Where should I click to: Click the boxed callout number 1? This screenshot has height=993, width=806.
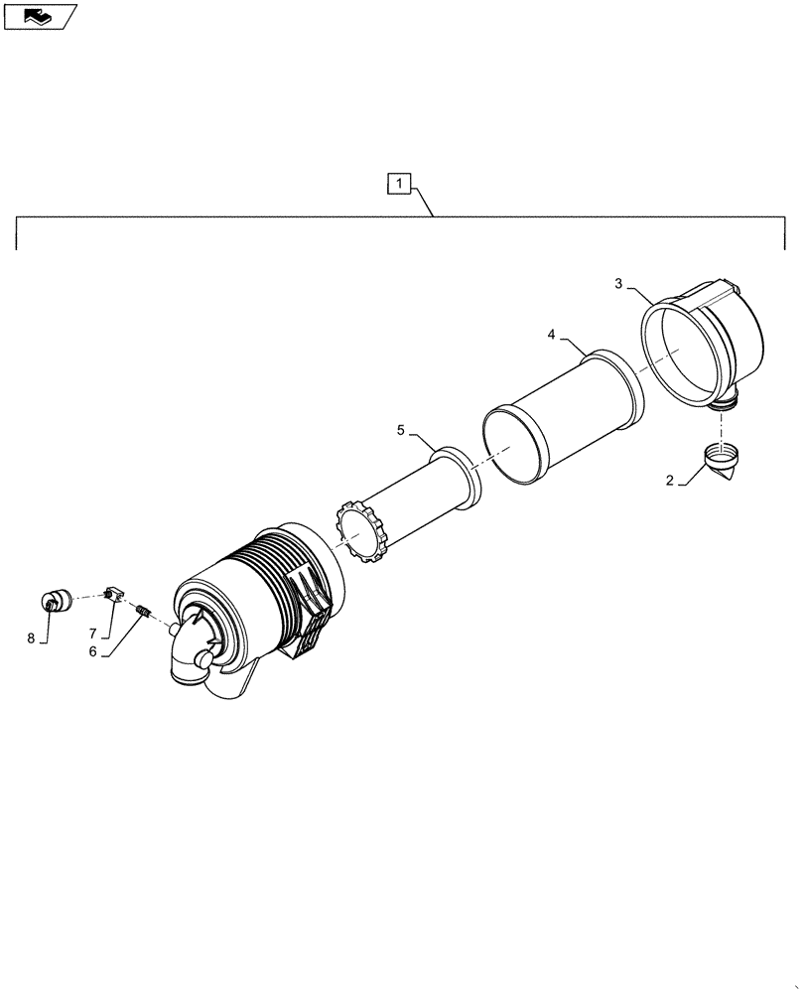pyautogui.click(x=397, y=184)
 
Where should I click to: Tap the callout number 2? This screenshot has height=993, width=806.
pyautogui.click(x=670, y=481)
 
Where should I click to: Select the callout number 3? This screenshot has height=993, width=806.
pyautogui.click(x=618, y=284)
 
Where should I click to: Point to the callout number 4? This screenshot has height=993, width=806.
pyautogui.click(x=551, y=336)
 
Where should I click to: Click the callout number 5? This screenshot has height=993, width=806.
pyautogui.click(x=401, y=430)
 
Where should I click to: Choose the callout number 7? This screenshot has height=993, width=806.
pyautogui.click(x=92, y=634)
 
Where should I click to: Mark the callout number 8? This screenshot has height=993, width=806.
pyautogui.click(x=31, y=638)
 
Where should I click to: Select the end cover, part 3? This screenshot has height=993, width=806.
pyautogui.click(x=710, y=343)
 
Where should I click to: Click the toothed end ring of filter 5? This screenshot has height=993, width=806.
pyautogui.click(x=363, y=533)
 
